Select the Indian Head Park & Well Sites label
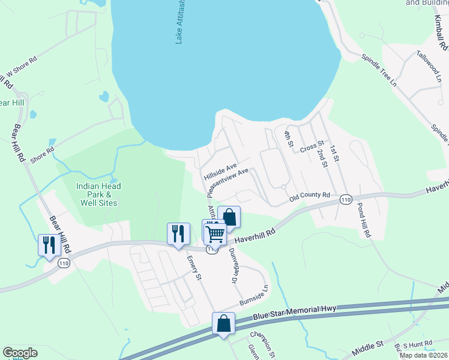coord(98,194)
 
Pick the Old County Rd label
coord(310,196)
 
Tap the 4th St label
coord(289,139)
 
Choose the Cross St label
coord(312,146)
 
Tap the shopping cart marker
coord(215,233)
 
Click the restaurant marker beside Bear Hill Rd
coord(48,245)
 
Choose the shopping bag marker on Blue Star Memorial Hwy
coord(223,324)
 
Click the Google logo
coord(20,353)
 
